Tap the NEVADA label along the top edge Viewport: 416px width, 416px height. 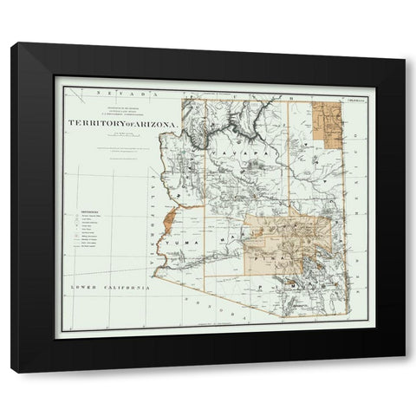click(113, 90)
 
